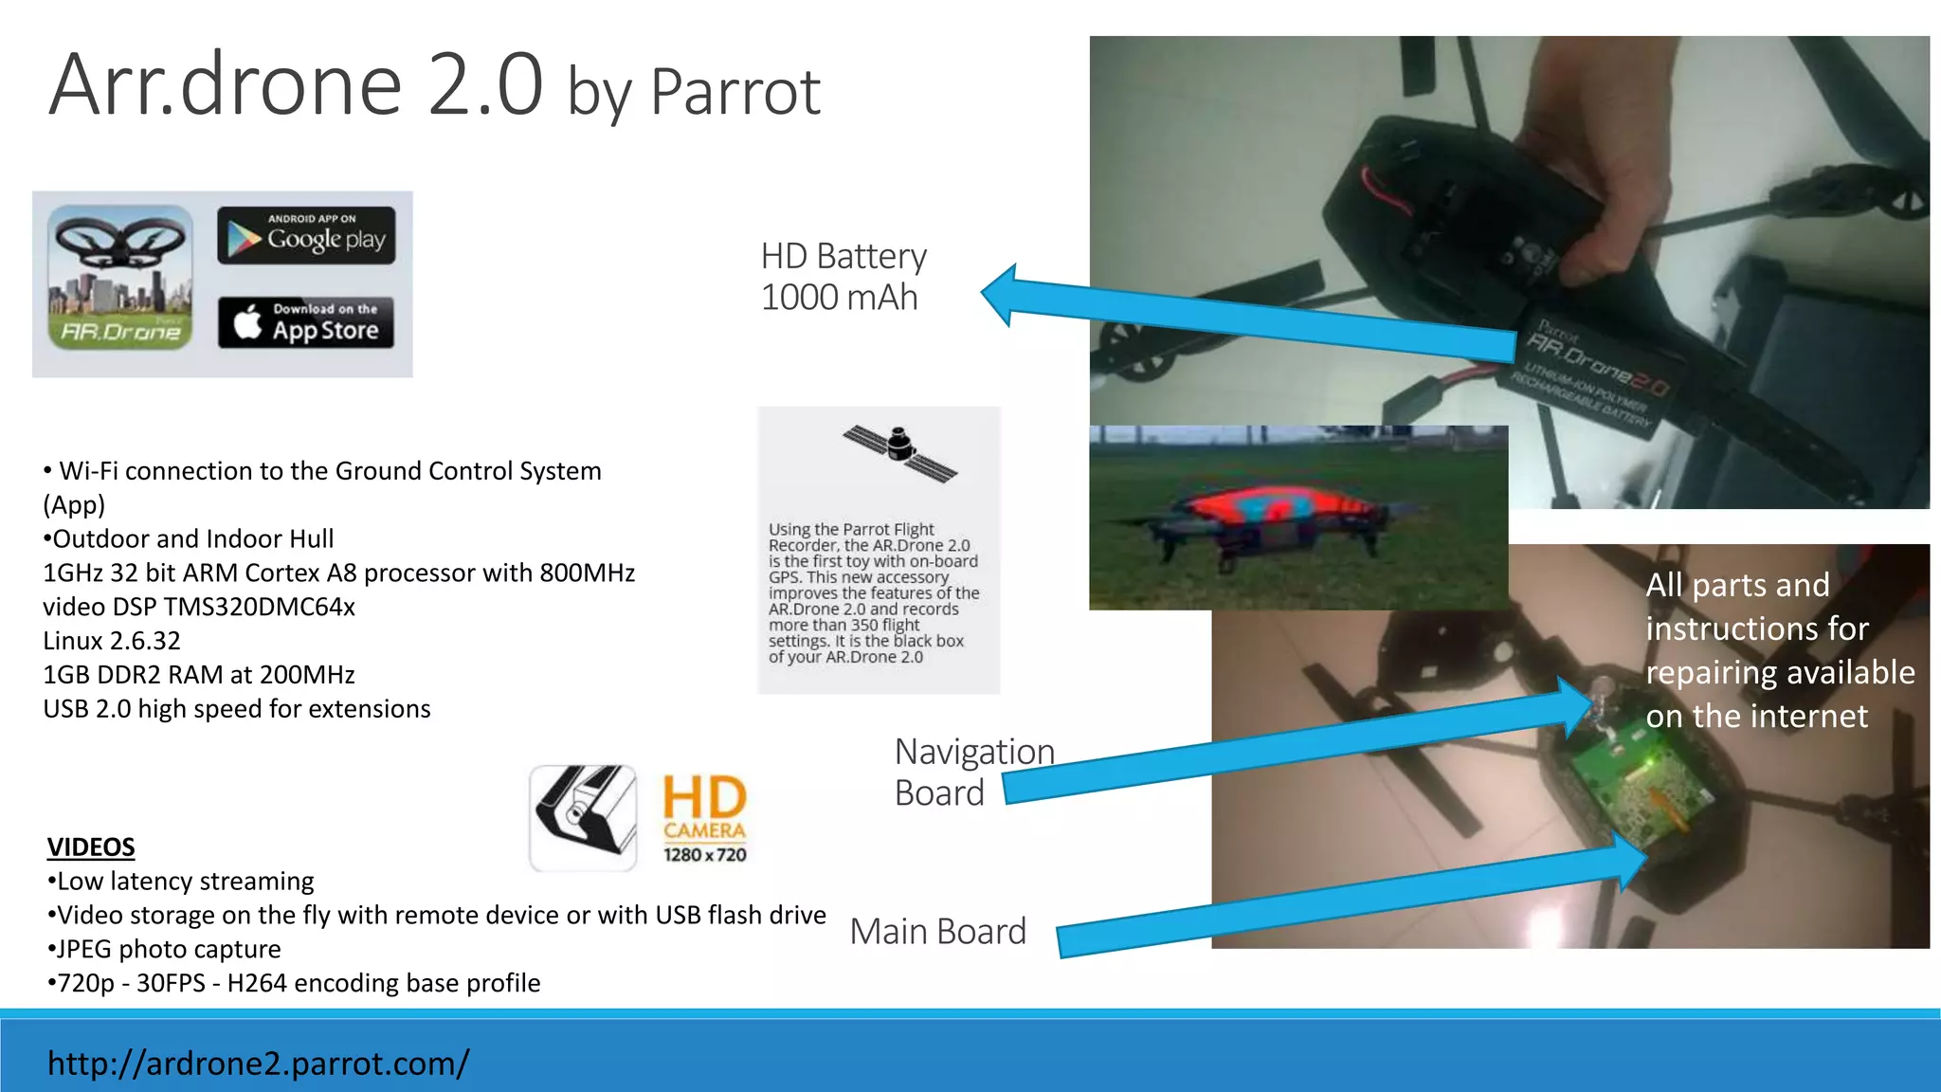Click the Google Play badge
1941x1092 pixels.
pyautogui.click(x=306, y=235)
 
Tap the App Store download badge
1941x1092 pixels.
pyautogui.click(x=306, y=322)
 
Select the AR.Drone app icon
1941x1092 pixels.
pyautogui.click(x=119, y=278)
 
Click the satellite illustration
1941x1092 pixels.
pyautogui.click(x=899, y=452)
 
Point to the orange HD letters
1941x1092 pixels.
pyautogui.click(x=704, y=797)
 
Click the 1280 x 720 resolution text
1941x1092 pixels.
pyautogui.click(x=704, y=855)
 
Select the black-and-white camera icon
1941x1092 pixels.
pyautogui.click(x=583, y=817)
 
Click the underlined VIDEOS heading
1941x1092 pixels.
pyautogui.click(x=91, y=846)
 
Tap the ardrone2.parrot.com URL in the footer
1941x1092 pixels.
pyautogui.click(x=258, y=1064)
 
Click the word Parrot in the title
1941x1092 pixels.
pyautogui.click(x=735, y=93)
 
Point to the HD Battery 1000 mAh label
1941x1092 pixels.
pyautogui.click(x=843, y=277)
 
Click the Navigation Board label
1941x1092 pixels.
pyautogui.click(x=972, y=772)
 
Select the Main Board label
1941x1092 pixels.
pyautogui.click(x=937, y=932)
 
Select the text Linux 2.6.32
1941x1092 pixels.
pyautogui.click(x=112, y=641)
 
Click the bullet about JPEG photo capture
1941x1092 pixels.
pyautogui.click(x=165, y=949)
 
